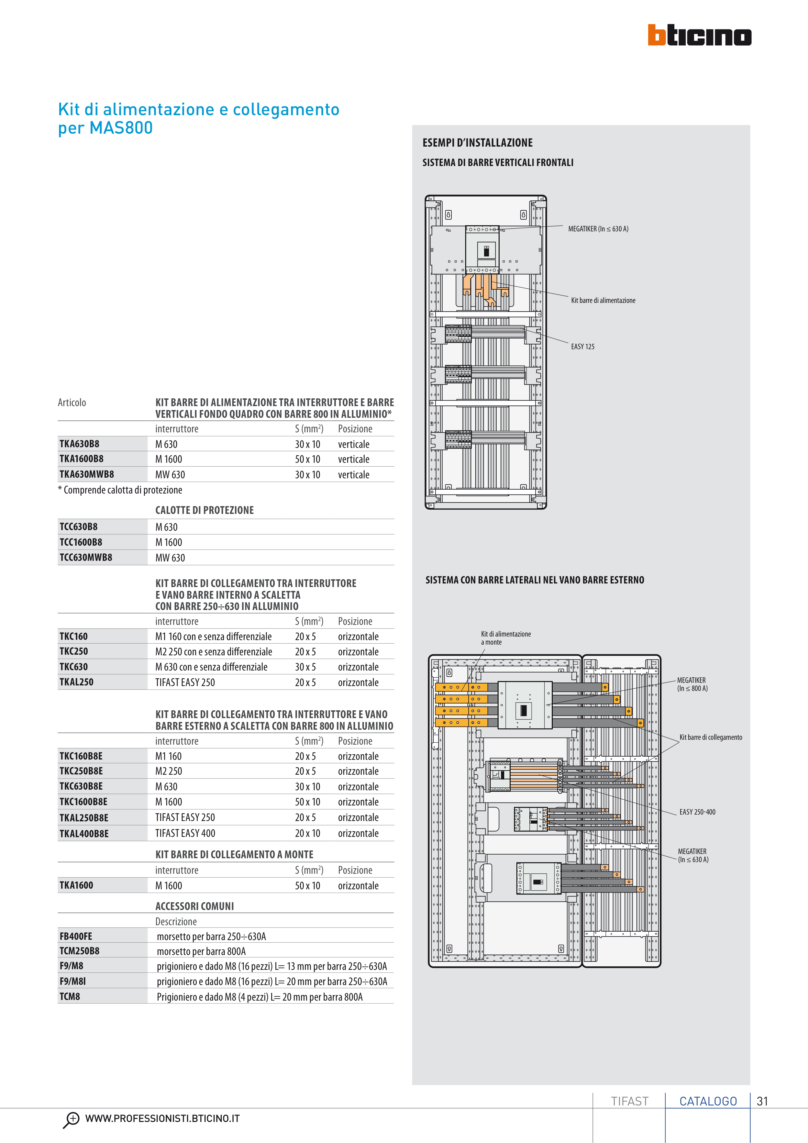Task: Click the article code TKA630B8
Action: [x=79, y=444]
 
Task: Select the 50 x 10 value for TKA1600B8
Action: [x=307, y=459]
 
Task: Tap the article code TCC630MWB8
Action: [x=86, y=558]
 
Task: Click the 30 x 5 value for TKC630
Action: [x=305, y=667]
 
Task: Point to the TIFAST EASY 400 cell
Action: [x=185, y=833]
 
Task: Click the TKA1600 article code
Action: [x=76, y=885]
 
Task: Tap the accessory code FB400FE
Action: [x=76, y=936]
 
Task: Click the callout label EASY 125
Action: [x=582, y=347]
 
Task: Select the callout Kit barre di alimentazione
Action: [x=603, y=300]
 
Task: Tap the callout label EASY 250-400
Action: [x=697, y=812]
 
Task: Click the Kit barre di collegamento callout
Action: [x=710, y=737]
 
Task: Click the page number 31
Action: [x=762, y=1101]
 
